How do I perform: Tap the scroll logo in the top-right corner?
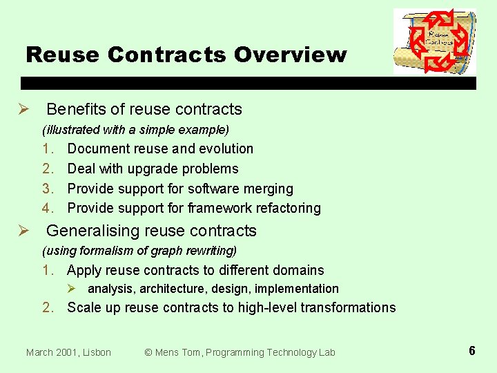(x=434, y=41)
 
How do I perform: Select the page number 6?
(x=471, y=351)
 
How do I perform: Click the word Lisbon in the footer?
(x=95, y=352)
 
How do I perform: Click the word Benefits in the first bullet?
(x=75, y=109)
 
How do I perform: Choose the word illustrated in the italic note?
(x=70, y=129)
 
